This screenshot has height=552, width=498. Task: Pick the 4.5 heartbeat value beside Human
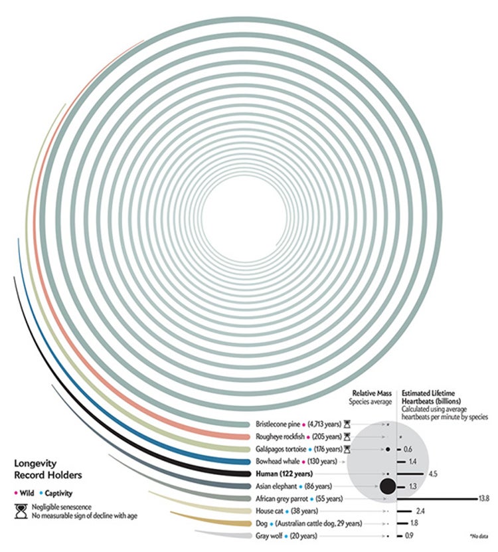pos(434,474)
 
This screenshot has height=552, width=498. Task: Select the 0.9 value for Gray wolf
pos(409,535)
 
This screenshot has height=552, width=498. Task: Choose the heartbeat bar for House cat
pos(404,511)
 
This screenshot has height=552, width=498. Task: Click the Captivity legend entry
pos(58,494)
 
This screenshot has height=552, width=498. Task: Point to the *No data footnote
pos(478,535)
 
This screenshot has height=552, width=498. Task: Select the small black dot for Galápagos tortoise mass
pos(386,450)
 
